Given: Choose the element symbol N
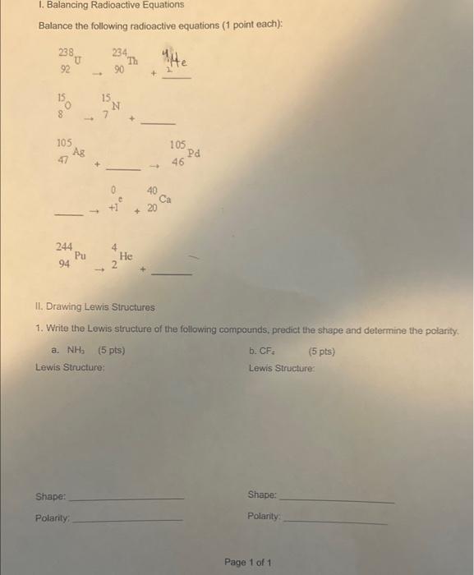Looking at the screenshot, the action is click(x=117, y=105).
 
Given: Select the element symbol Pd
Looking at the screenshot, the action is click(x=193, y=153).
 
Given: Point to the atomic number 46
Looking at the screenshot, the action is click(x=178, y=163).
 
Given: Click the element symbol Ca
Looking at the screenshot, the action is click(x=165, y=199).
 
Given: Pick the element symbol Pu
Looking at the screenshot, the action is click(x=81, y=255).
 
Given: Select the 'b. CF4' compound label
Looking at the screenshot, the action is click(x=261, y=351).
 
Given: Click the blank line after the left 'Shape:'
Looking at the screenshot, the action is click(x=129, y=498).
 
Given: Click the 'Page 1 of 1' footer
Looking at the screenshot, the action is click(x=247, y=562).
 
